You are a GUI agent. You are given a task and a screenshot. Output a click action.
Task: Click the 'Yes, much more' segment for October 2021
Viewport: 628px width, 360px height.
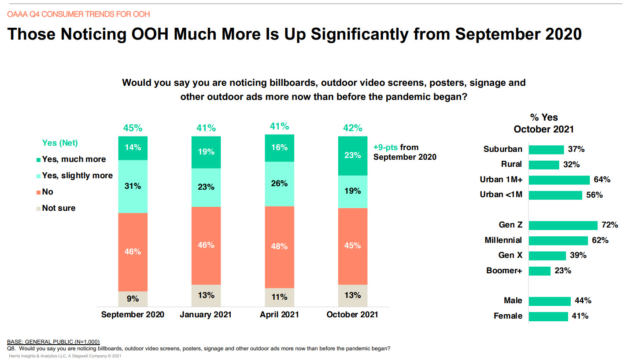(x=353, y=155)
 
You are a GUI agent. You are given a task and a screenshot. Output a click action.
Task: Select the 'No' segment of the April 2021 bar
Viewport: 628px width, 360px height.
(x=279, y=246)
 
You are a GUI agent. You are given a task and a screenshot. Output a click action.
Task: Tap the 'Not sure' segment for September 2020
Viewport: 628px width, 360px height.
(x=133, y=299)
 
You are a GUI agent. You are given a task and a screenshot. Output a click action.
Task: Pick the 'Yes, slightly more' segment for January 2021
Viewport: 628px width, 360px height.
(x=206, y=187)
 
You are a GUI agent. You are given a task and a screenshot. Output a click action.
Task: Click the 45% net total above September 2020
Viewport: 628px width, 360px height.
(x=133, y=128)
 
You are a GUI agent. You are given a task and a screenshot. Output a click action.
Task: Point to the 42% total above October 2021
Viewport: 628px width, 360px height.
(x=352, y=128)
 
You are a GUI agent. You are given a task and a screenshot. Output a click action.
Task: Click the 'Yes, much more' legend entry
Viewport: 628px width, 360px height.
(x=74, y=159)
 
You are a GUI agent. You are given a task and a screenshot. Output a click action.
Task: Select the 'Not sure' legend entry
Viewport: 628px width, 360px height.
(x=59, y=208)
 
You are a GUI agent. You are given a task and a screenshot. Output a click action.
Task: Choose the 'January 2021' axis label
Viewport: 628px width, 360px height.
(x=206, y=315)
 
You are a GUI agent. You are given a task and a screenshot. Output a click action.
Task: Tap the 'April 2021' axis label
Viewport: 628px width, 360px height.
(x=279, y=315)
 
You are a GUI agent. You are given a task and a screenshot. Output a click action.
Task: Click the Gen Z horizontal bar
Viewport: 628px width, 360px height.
(x=563, y=225)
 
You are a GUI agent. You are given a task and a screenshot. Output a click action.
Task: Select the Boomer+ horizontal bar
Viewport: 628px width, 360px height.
(x=539, y=271)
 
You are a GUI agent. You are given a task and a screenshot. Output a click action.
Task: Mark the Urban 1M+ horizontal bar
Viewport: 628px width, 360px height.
(x=559, y=180)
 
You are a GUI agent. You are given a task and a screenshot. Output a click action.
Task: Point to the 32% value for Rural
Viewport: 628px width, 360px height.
(x=571, y=165)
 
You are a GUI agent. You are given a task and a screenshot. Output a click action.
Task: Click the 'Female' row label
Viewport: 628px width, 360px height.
(x=508, y=316)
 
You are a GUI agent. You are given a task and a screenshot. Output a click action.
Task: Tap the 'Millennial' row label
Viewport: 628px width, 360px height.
(x=503, y=240)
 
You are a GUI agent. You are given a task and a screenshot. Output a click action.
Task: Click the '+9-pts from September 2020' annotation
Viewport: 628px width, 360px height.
(x=404, y=152)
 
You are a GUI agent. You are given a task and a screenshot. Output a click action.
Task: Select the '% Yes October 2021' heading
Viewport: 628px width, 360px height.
(x=544, y=123)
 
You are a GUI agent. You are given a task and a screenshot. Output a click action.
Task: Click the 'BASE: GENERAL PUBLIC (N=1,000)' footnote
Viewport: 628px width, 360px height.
(x=53, y=342)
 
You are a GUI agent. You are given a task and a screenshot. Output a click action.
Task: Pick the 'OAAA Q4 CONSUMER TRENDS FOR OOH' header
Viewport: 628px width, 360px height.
(x=78, y=14)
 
